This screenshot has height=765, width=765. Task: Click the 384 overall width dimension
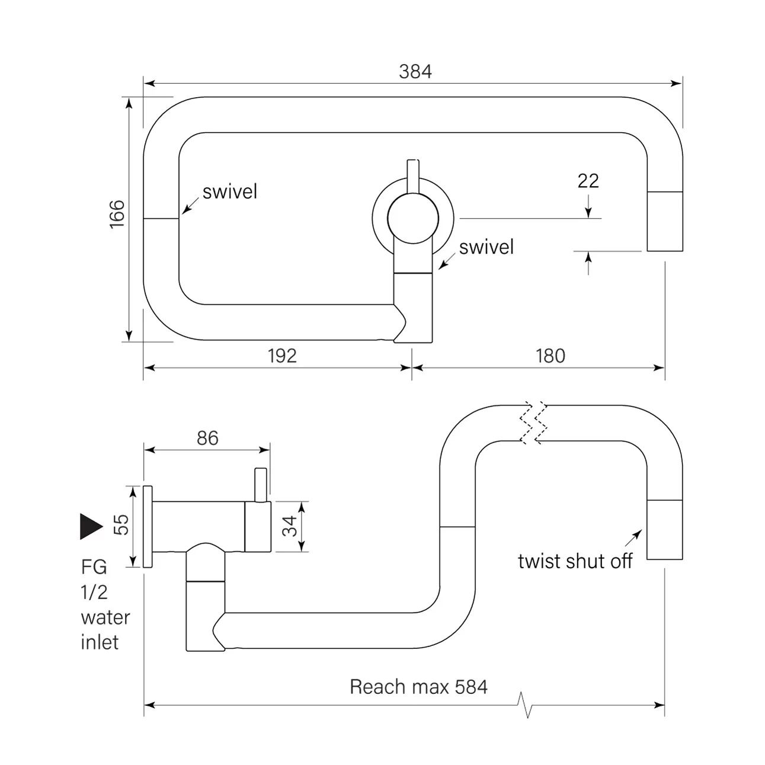pyautogui.click(x=415, y=72)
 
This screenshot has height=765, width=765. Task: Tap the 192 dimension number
pyautogui.click(x=282, y=356)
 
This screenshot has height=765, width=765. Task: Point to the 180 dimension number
pyautogui.click(x=550, y=356)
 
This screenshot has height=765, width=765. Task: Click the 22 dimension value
pyautogui.click(x=588, y=181)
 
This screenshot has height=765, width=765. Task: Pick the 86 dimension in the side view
pyautogui.click(x=207, y=438)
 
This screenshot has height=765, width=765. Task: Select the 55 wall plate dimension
pyautogui.click(x=121, y=524)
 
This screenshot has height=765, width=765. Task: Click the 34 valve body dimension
pyautogui.click(x=290, y=526)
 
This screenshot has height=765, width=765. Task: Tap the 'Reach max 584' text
pyautogui.click(x=418, y=687)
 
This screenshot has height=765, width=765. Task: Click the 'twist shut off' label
pyautogui.click(x=575, y=561)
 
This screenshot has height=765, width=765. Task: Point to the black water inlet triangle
pyautogui.click(x=91, y=526)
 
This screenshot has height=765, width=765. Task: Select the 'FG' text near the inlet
pyautogui.click(x=94, y=567)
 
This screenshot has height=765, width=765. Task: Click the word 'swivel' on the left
pyautogui.click(x=230, y=191)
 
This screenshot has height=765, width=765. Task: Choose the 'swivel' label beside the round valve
pyautogui.click(x=486, y=247)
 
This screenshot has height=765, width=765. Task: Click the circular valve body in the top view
pyautogui.click(x=413, y=219)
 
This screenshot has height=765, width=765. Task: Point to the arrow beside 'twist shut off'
pyautogui.click(x=633, y=538)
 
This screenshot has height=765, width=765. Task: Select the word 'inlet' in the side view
pyautogui.click(x=100, y=642)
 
